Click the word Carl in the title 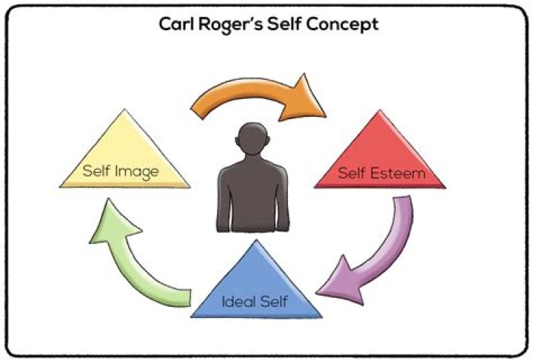click(178, 24)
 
